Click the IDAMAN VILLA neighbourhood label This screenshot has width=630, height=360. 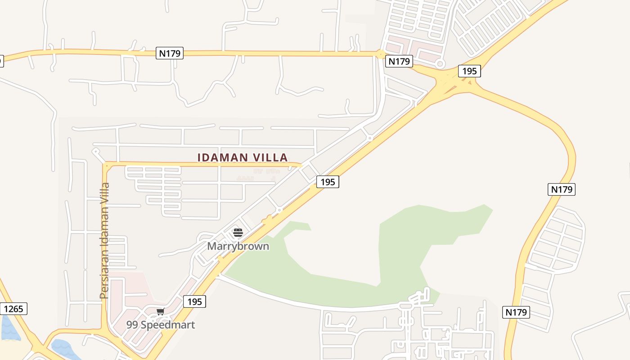[243, 157]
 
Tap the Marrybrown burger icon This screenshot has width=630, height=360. [238, 233]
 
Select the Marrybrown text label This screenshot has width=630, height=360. [238, 246]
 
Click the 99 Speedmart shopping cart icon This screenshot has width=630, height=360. [160, 311]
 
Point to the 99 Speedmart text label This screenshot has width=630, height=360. [161, 324]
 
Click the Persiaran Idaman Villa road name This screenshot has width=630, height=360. [104, 240]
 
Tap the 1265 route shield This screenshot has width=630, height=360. [14, 309]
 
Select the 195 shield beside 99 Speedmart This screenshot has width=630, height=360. [194, 301]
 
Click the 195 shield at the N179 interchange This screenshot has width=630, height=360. [469, 71]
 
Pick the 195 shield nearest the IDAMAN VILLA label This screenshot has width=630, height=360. [328, 182]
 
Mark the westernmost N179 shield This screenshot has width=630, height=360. [170, 53]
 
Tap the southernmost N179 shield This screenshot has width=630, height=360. [516, 312]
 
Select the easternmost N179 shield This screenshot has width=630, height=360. [562, 189]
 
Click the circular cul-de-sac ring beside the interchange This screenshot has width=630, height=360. [440, 64]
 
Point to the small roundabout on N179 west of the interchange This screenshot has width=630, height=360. [381, 54]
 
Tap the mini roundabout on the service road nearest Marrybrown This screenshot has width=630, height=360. [279, 210]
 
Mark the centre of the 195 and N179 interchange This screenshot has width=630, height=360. [450, 83]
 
